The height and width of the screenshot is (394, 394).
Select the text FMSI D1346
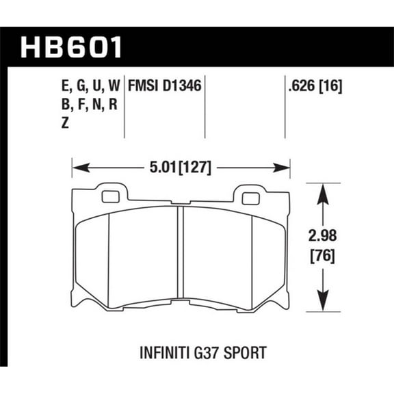tap(164, 87)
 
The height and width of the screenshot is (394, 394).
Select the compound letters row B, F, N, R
tap(83, 105)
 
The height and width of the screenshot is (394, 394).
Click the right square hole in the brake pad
tap(250, 198)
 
